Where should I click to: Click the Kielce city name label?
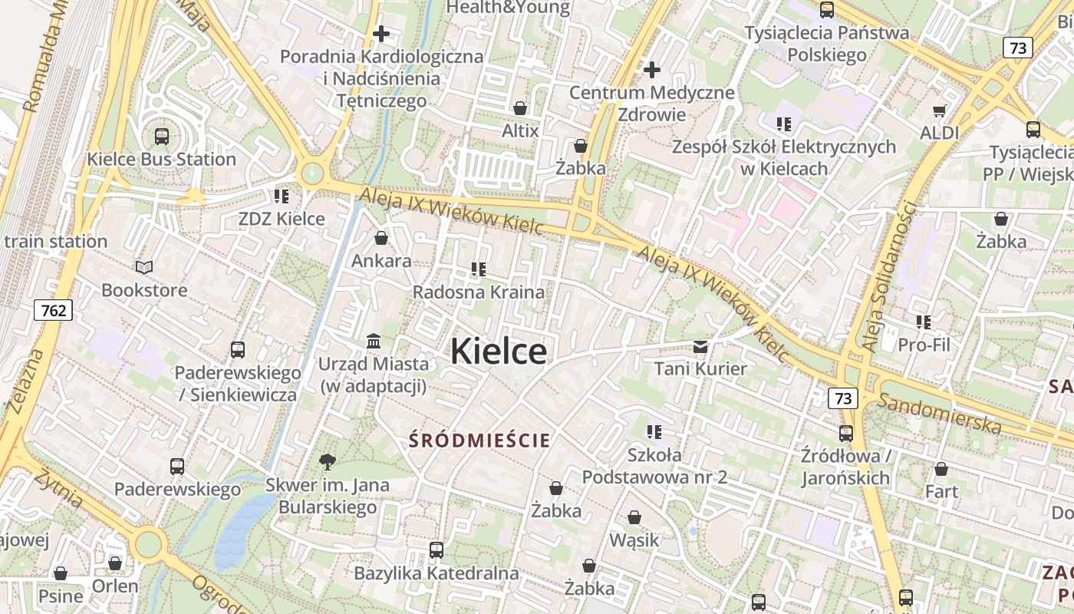click(x=499, y=352)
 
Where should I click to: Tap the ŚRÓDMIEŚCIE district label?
click(x=479, y=441)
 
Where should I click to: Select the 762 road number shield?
click(x=53, y=310)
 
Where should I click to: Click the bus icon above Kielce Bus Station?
click(x=161, y=137)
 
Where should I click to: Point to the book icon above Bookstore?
click(x=144, y=267)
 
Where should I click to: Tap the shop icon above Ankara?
click(x=381, y=238)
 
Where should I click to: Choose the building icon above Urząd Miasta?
click(x=374, y=340)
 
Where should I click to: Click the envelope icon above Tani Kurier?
click(x=700, y=346)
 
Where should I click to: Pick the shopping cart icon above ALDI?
click(x=939, y=111)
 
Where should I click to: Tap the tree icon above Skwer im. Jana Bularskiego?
click(x=328, y=461)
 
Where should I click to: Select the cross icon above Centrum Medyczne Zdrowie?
click(x=652, y=70)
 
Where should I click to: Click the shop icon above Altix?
click(x=520, y=108)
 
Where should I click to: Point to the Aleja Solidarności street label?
click(x=890, y=276)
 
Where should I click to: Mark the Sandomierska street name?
click(x=939, y=413)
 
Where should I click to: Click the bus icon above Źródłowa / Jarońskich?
click(x=846, y=434)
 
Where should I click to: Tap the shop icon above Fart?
click(x=941, y=468)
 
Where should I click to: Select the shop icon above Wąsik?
click(x=634, y=517)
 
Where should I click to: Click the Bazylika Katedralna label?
click(x=437, y=573)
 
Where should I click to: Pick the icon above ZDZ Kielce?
click(x=282, y=196)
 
